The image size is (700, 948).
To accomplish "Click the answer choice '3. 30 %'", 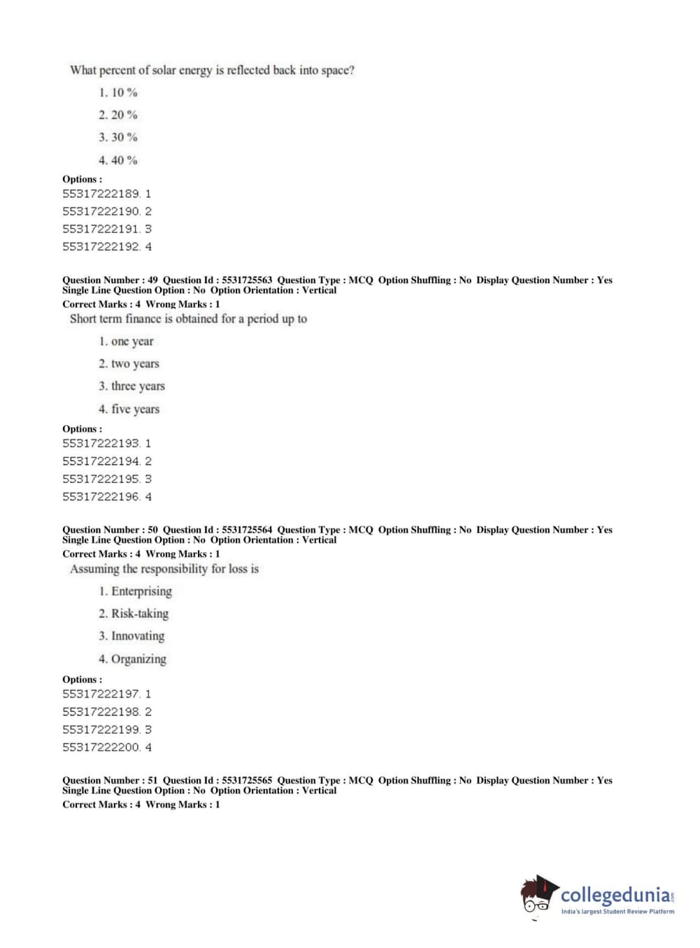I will pyautogui.click(x=117, y=137).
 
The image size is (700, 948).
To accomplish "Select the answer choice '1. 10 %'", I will pyautogui.click(x=117, y=92).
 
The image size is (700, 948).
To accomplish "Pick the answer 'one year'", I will pyautogui.click(x=126, y=341).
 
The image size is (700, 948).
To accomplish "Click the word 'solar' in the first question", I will pyautogui.click(x=164, y=70).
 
